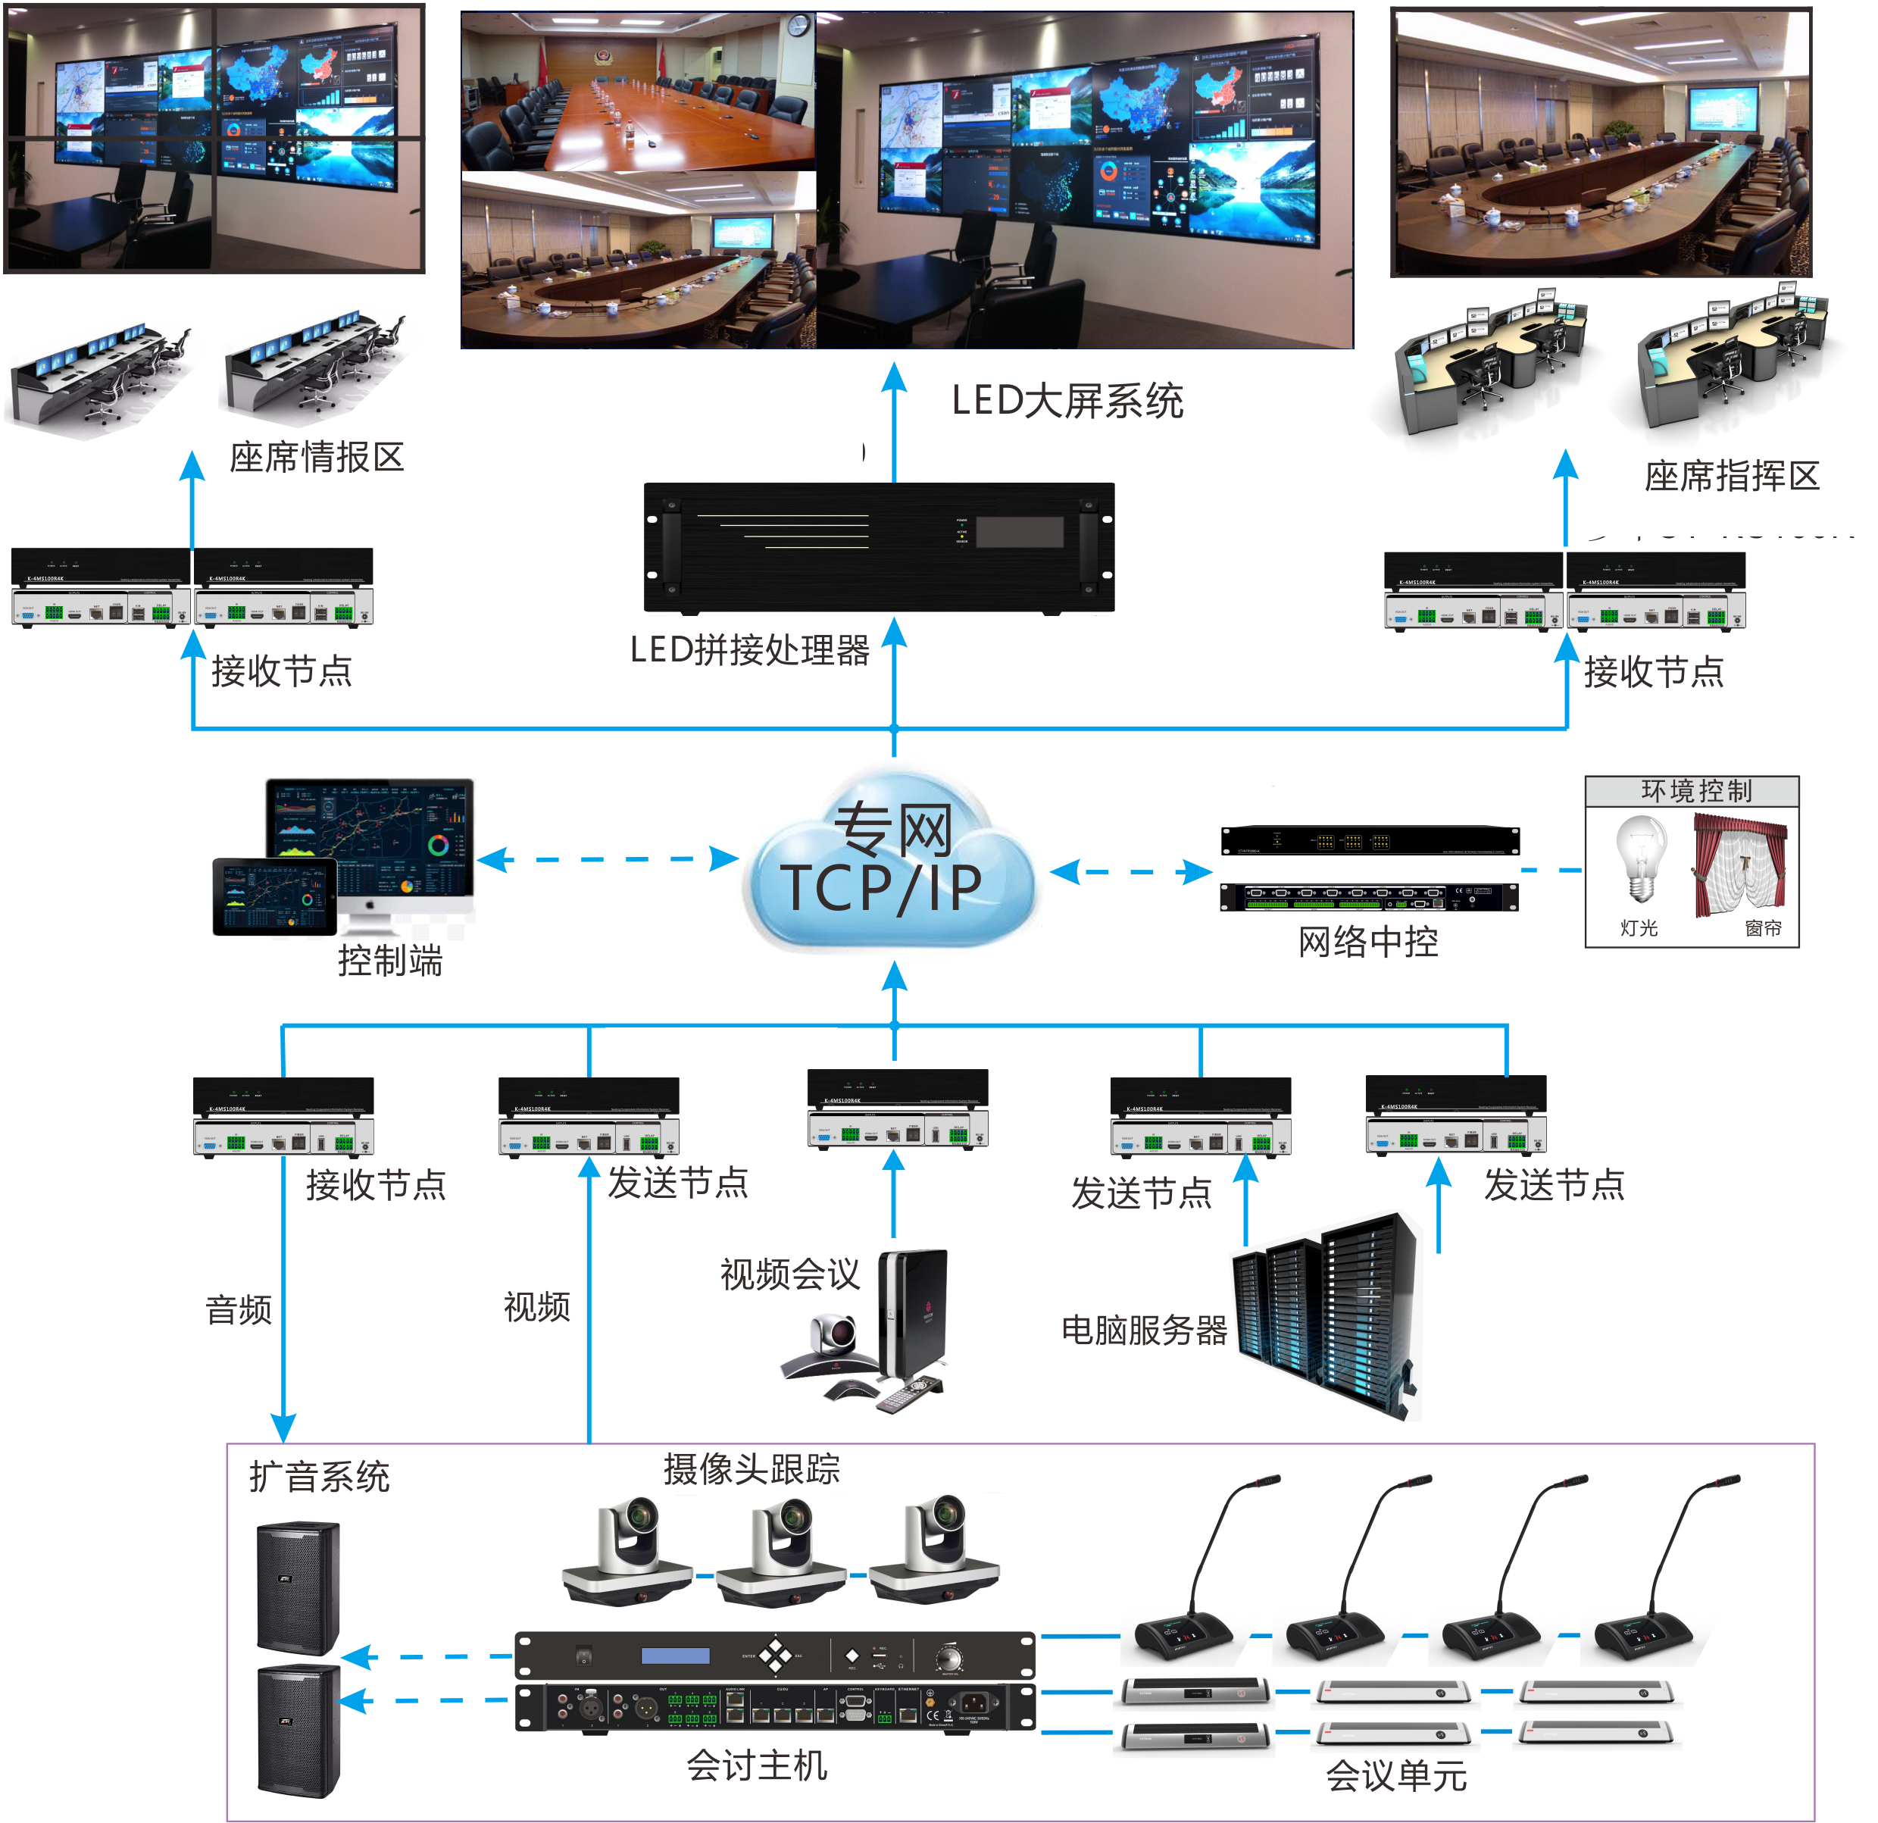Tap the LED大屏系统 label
1067,401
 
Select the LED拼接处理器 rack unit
879,547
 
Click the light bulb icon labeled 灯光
1640,858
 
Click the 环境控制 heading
1696,791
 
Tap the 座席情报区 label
316,457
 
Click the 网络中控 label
1368,942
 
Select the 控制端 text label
390,961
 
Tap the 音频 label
239,1309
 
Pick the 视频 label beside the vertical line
536,1306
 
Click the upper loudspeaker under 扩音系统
297,1587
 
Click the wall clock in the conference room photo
797,26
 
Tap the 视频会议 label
790,1274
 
